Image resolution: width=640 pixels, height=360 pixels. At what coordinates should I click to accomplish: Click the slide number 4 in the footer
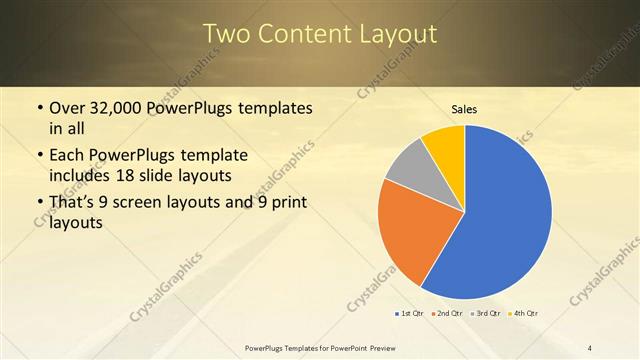point(590,347)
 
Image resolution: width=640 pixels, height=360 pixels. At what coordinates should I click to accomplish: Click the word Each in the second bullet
point(67,157)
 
